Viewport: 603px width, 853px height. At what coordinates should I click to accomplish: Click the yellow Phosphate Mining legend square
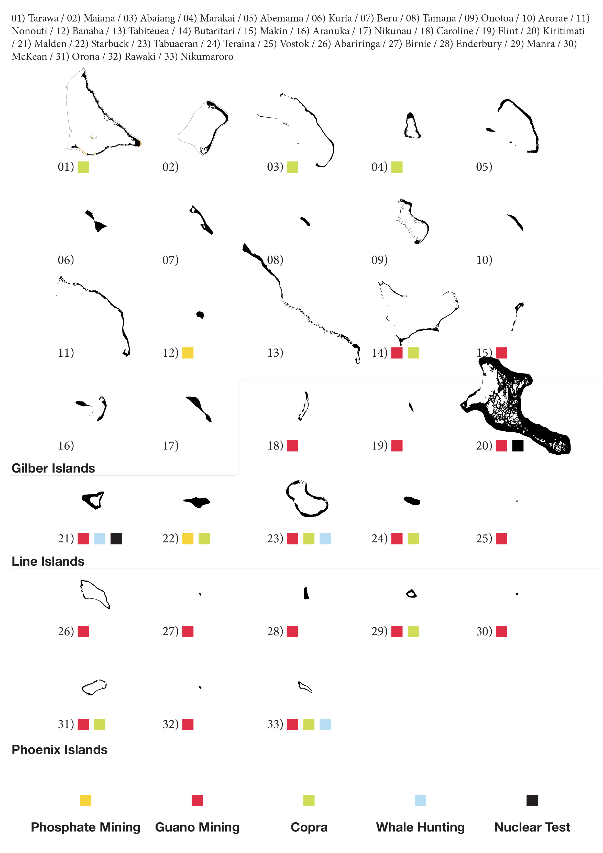coord(85,801)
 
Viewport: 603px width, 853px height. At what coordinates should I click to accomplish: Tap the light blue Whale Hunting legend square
coord(421,801)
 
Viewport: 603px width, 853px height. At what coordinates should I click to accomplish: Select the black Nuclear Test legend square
coord(532,801)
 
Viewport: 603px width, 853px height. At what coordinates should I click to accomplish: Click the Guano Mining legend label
coord(197,827)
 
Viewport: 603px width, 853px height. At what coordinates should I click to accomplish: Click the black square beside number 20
coord(518,446)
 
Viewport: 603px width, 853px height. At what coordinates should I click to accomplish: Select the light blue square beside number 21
coord(100,539)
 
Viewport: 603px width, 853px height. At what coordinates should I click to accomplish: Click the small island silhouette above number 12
coord(200,315)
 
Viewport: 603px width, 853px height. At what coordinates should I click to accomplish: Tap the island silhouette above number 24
coord(412,501)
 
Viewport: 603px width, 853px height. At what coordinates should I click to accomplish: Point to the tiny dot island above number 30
coord(517,594)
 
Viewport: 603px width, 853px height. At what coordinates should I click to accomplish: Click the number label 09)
coord(380,260)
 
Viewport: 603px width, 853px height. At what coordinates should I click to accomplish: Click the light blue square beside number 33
coord(325,725)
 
